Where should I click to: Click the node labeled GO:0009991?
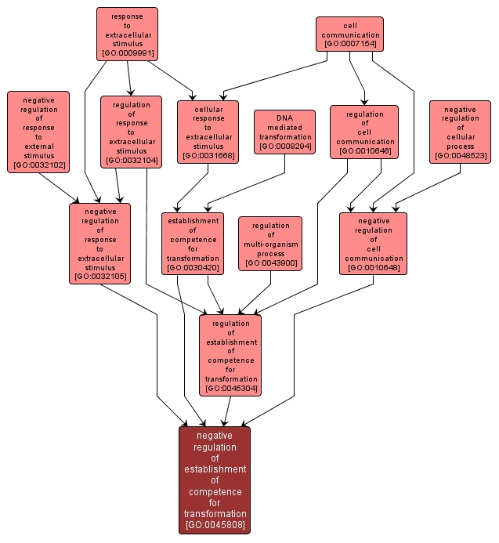(127, 34)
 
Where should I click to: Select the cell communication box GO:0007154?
(350, 34)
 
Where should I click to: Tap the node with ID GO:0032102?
(38, 132)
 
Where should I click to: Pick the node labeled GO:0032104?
(131, 132)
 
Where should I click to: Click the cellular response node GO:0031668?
(208, 132)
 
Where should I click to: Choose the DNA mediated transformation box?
(284, 132)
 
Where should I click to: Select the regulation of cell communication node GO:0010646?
(364, 132)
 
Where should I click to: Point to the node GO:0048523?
(460, 132)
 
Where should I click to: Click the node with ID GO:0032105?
(99, 243)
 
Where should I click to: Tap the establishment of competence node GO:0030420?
(192, 243)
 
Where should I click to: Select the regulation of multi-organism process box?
(270, 243)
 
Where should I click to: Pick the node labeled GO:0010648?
(374, 243)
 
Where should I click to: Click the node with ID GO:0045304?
(230, 354)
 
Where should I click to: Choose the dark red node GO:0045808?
(215, 480)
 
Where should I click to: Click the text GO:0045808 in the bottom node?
(215, 525)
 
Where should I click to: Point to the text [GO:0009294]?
(284, 147)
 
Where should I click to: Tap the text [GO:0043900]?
(270, 263)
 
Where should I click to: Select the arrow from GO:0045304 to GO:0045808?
(227, 411)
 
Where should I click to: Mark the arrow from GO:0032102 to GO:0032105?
(59, 187)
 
